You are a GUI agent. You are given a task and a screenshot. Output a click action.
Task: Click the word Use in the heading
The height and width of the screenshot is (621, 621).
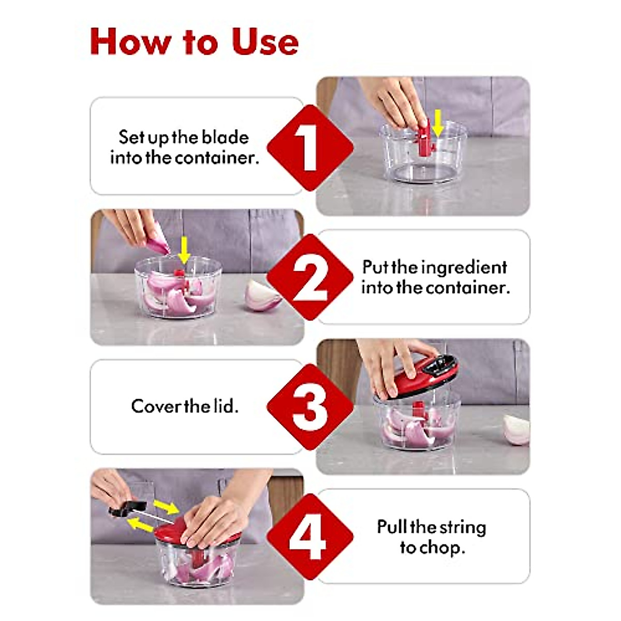click(265, 41)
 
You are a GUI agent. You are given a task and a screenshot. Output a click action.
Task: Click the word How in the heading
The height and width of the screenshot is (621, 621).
click(130, 41)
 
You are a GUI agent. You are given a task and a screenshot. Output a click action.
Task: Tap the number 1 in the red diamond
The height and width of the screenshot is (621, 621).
click(309, 147)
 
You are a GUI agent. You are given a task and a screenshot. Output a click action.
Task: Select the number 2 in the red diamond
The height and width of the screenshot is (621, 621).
click(309, 278)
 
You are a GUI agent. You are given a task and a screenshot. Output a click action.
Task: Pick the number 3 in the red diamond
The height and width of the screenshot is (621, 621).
click(309, 408)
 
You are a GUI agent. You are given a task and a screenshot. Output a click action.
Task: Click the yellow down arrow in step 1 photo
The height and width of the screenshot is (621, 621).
click(438, 123)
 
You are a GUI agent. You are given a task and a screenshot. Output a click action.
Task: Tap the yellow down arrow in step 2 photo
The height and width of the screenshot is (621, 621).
click(184, 250)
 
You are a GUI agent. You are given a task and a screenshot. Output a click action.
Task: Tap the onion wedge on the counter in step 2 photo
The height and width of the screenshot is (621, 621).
click(263, 295)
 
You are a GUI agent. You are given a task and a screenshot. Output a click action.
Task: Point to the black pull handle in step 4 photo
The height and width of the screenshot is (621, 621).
click(127, 508)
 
